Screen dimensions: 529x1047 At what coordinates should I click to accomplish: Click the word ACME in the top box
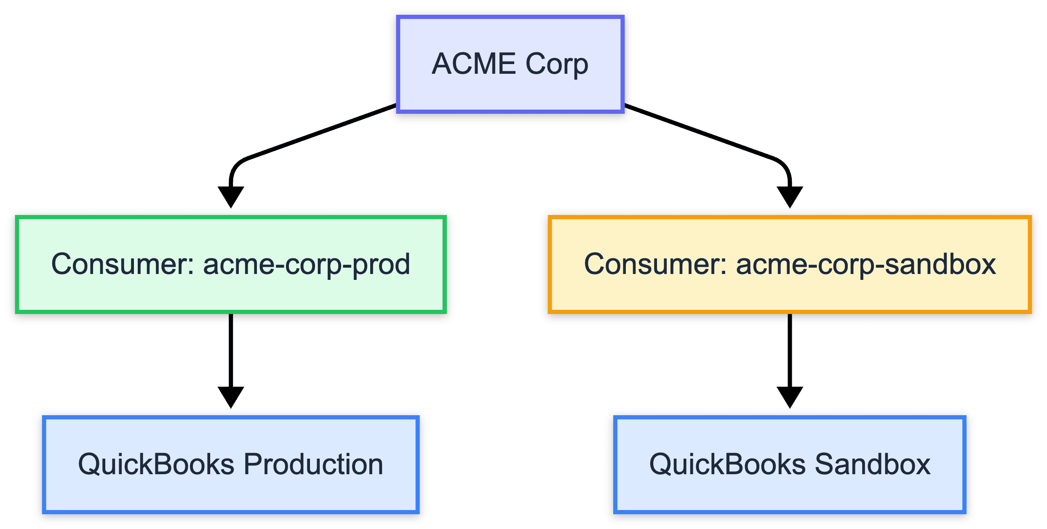pos(474,64)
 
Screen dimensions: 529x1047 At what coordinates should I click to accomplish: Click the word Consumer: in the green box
pos(123,264)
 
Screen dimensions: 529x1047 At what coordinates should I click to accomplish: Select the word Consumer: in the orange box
pos(655,264)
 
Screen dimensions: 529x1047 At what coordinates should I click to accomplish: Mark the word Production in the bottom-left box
pos(313,465)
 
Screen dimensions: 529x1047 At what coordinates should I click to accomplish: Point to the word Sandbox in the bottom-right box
pos(873,465)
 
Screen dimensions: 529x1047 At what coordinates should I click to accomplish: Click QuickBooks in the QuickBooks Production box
pos(156,465)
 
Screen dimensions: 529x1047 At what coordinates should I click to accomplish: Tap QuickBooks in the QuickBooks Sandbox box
pos(727,465)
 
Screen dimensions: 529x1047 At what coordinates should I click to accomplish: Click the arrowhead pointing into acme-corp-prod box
pos(231,196)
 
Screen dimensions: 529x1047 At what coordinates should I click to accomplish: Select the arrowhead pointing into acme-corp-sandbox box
pos(790,196)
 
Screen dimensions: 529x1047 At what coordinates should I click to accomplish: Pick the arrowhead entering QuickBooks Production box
pos(231,396)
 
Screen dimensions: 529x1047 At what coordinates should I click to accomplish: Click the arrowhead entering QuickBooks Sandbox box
pos(790,396)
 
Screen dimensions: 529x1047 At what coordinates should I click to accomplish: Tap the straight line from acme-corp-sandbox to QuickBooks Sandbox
pos(790,350)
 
